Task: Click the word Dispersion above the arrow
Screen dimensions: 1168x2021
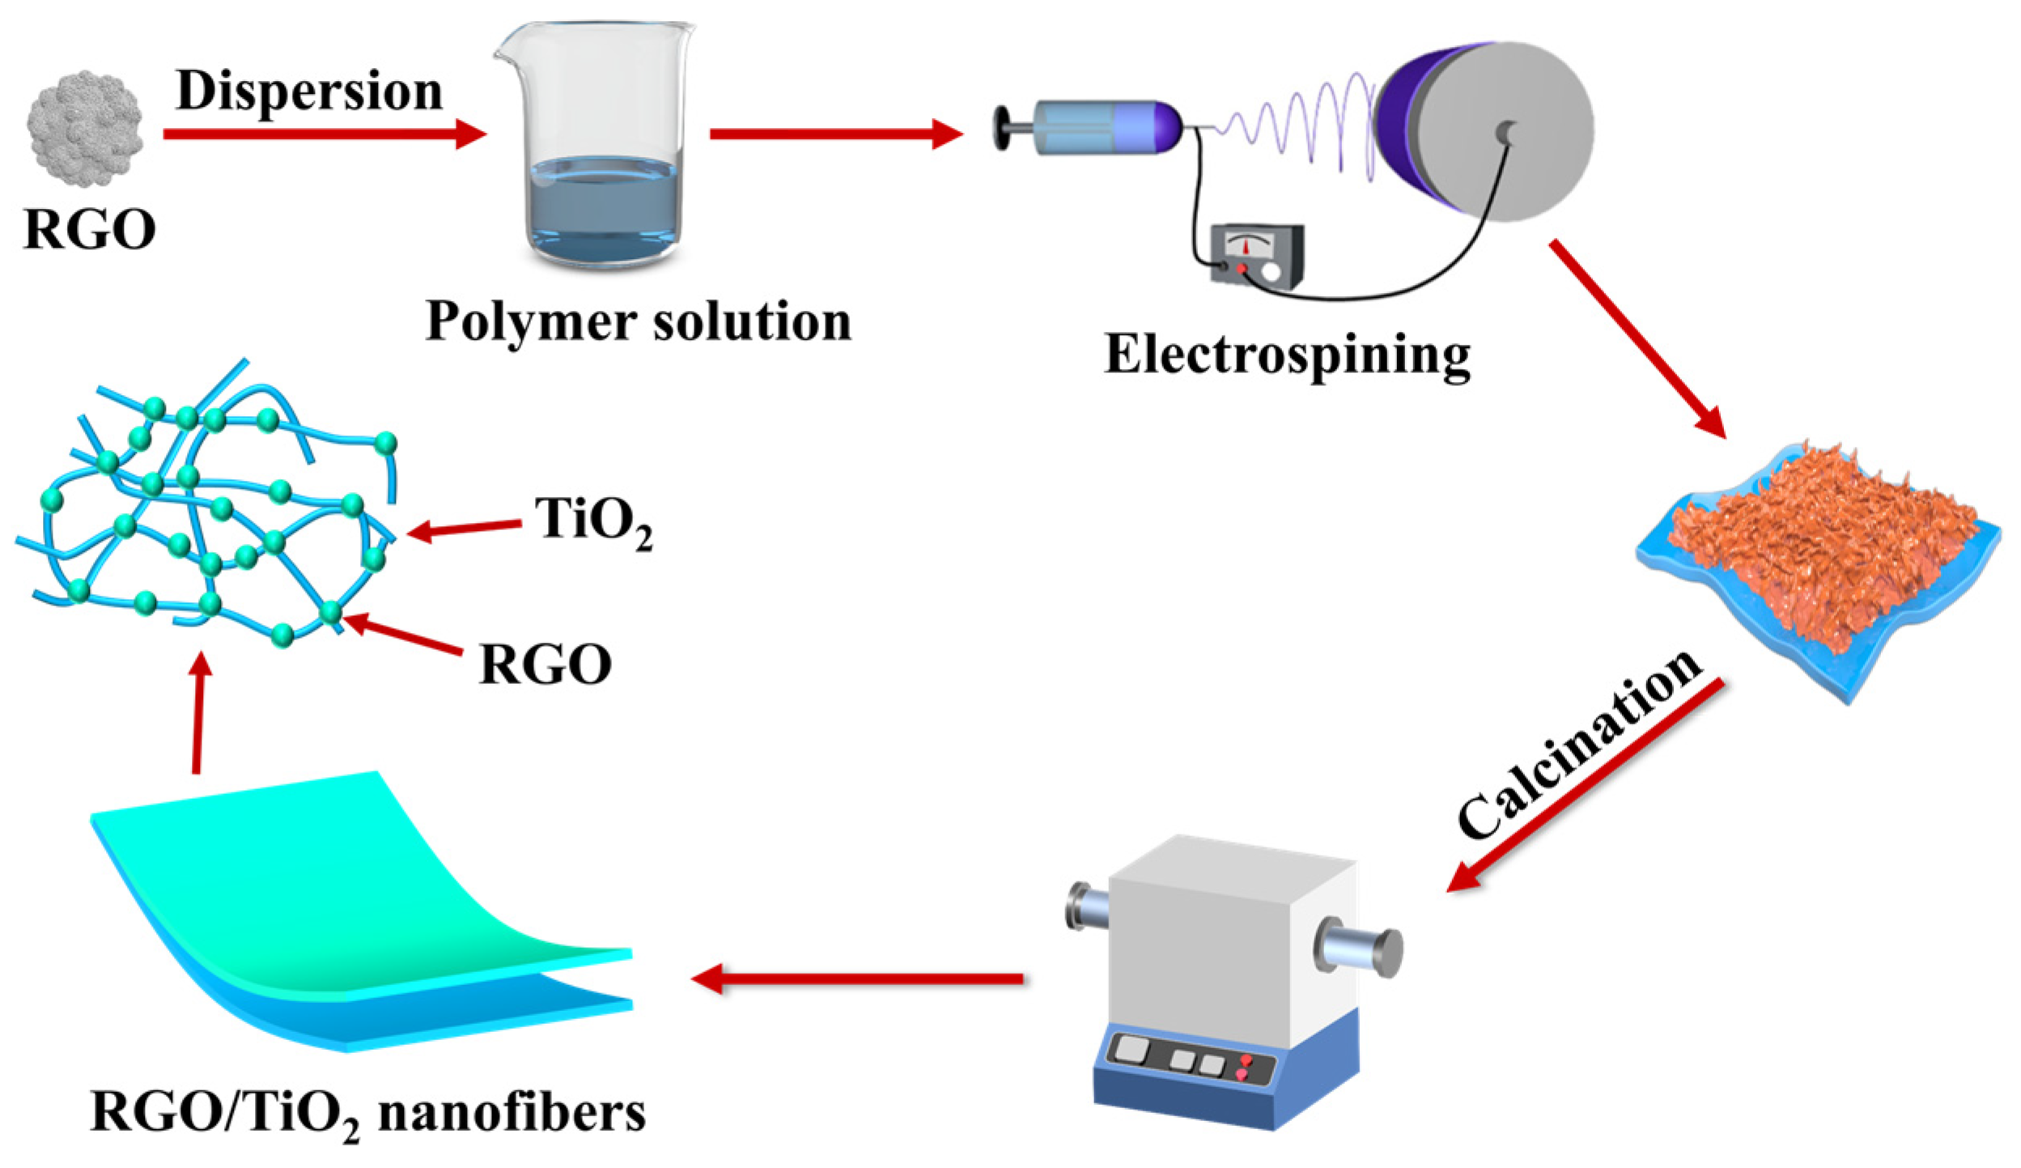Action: click(x=309, y=91)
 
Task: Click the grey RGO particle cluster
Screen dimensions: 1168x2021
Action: click(x=85, y=128)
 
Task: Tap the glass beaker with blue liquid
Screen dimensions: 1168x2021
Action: click(x=596, y=146)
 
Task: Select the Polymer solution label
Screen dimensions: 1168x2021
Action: click(x=639, y=321)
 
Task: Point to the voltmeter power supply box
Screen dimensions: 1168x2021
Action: click(x=1256, y=255)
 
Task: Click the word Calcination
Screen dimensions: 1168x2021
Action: click(x=1578, y=745)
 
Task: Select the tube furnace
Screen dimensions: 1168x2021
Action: click(x=1230, y=979)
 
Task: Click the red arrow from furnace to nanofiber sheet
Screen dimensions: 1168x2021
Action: click(x=858, y=979)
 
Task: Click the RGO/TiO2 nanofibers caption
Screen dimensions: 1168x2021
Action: click(x=368, y=1113)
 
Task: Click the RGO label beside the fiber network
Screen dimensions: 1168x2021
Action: click(x=545, y=665)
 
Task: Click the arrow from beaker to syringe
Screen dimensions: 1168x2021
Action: click(x=834, y=134)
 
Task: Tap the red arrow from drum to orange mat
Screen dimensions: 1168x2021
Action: click(x=1635, y=336)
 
